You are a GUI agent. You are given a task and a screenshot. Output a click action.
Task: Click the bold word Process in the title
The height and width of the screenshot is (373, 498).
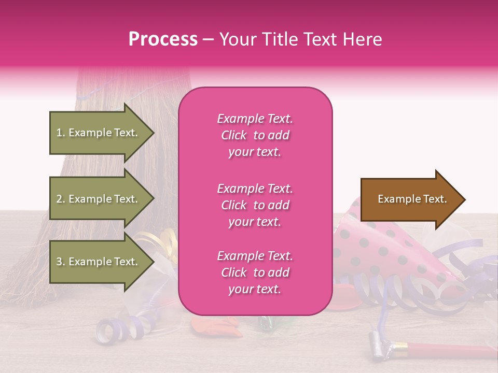click(x=163, y=39)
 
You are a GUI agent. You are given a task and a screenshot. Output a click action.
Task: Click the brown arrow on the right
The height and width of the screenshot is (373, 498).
click(x=410, y=199)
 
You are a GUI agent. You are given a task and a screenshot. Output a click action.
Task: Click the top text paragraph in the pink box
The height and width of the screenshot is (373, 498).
click(x=255, y=135)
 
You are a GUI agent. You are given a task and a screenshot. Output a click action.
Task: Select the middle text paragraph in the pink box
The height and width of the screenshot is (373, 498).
click(x=255, y=205)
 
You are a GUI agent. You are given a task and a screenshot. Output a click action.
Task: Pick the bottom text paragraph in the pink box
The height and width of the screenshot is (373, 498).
click(x=255, y=272)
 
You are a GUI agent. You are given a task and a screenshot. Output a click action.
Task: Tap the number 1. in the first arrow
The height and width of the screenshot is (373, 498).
click(x=61, y=133)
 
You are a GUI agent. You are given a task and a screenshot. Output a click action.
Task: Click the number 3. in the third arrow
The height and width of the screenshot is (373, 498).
click(x=61, y=262)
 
